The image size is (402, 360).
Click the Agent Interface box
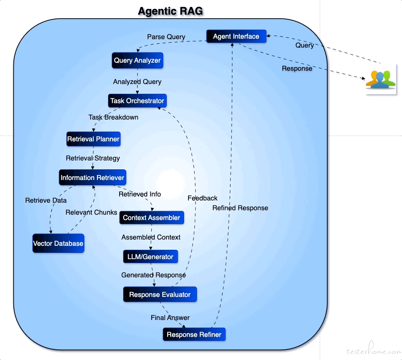[x=236, y=36]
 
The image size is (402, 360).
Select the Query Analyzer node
[x=137, y=60]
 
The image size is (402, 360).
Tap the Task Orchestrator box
[x=137, y=101]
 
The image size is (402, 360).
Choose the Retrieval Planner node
[x=93, y=139]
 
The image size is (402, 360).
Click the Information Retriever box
[x=92, y=178]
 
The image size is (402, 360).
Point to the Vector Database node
[x=58, y=244]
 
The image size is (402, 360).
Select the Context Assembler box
[x=152, y=218]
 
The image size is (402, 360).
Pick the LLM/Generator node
[x=150, y=256]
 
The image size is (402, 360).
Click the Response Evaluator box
[x=160, y=295]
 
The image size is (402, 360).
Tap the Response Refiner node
[x=194, y=335]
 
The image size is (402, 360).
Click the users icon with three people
[x=381, y=79]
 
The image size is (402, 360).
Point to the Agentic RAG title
[x=170, y=11]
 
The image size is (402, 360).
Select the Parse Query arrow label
[x=166, y=37]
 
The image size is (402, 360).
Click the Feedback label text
[x=202, y=198]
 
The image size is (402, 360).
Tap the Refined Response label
[x=240, y=208]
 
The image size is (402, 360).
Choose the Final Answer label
[x=170, y=318]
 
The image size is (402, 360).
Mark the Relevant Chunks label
[x=91, y=212]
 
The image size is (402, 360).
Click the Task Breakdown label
[x=113, y=117]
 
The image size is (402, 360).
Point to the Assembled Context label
[x=151, y=237]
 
